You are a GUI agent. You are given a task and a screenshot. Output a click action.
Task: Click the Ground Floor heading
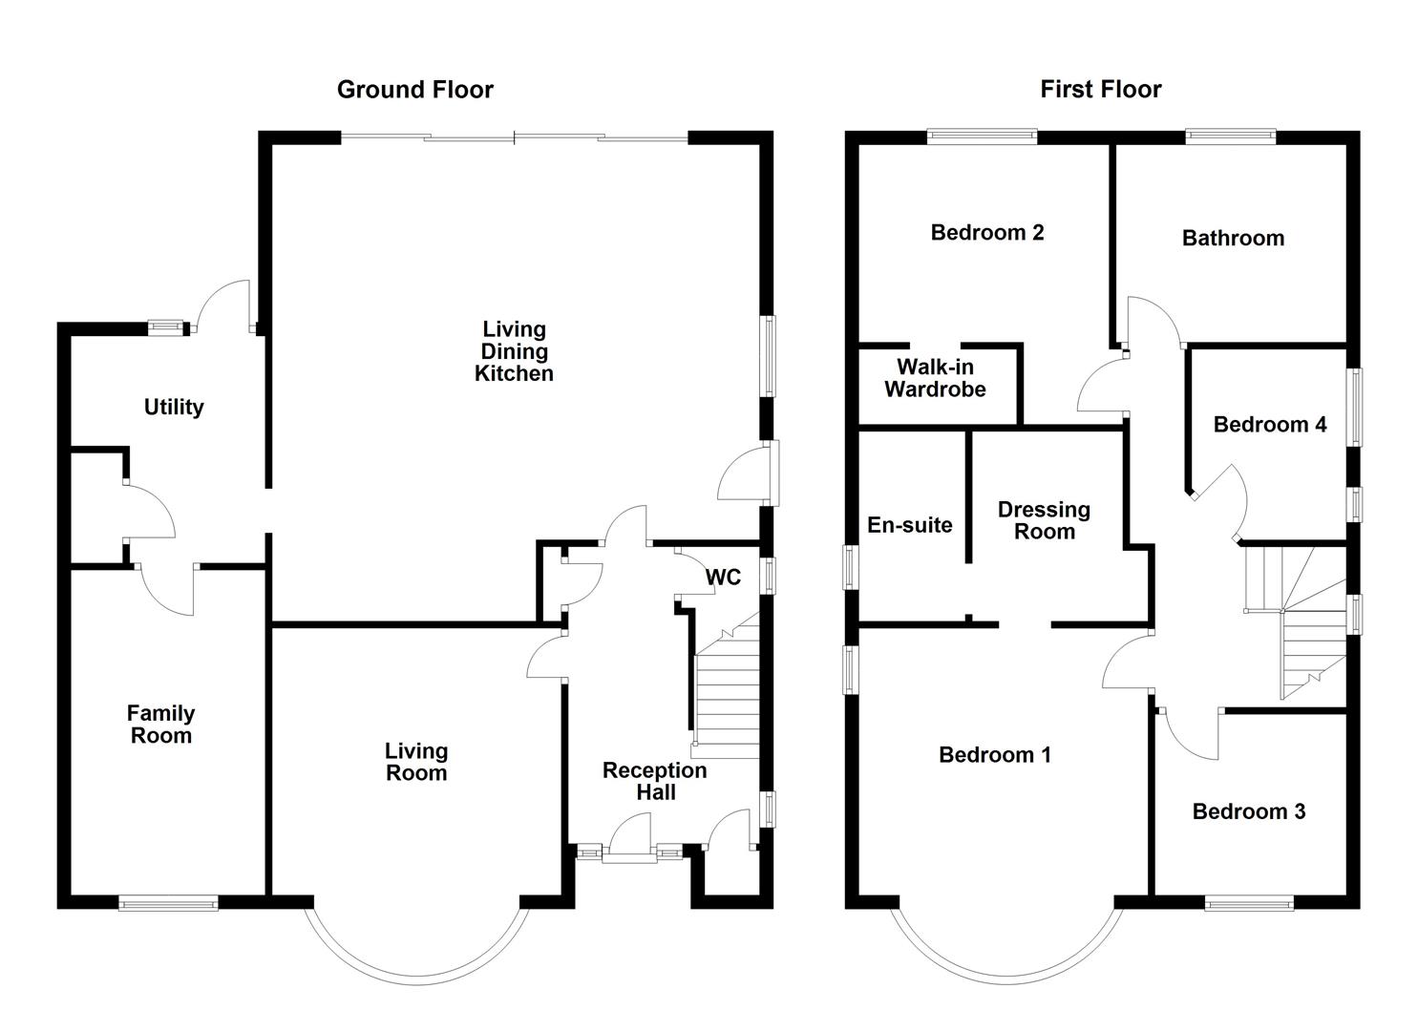click(x=414, y=90)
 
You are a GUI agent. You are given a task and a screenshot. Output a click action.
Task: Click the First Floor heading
click(x=1100, y=90)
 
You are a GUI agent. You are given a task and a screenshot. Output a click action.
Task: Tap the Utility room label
click(x=174, y=408)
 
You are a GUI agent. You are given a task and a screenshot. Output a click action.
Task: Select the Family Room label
click(x=160, y=725)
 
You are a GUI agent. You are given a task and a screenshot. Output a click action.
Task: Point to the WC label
click(x=723, y=578)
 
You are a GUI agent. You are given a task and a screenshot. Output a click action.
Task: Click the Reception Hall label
click(x=654, y=781)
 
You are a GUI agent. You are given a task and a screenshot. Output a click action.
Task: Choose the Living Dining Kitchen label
click(x=514, y=351)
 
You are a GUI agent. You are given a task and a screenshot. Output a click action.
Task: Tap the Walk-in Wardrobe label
click(x=935, y=378)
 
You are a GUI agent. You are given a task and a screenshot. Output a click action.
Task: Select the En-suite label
click(x=909, y=525)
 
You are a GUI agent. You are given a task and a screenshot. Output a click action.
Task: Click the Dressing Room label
click(x=1044, y=520)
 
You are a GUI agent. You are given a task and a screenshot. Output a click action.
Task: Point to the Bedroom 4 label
click(x=1269, y=425)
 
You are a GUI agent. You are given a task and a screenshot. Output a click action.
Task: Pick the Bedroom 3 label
click(x=1248, y=811)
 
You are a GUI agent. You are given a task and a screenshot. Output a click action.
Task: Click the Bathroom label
click(x=1233, y=239)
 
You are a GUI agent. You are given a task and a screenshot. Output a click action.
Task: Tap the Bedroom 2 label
click(x=986, y=233)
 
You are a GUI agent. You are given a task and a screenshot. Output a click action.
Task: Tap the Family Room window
click(x=168, y=903)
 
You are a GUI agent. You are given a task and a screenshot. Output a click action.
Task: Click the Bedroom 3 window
click(x=1249, y=903)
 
